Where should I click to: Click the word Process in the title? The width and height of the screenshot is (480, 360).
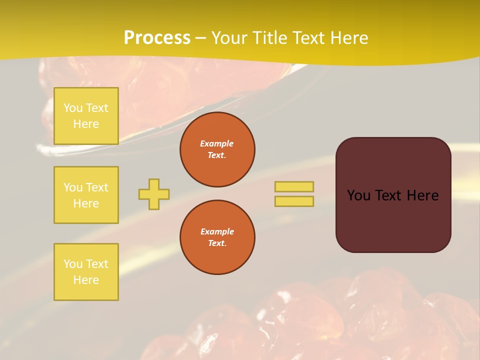157,38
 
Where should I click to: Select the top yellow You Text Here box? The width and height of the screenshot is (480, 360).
86,116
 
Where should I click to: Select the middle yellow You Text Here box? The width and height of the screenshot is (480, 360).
86,195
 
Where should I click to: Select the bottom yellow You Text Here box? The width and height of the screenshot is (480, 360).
86,271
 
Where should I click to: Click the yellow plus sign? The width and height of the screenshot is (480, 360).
154,194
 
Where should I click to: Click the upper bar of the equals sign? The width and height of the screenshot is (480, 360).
294,186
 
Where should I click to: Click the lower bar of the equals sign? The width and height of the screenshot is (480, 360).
294,201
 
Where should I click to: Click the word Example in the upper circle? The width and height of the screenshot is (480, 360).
217,143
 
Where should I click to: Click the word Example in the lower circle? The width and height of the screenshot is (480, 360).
217,231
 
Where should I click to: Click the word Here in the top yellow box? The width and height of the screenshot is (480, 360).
86,124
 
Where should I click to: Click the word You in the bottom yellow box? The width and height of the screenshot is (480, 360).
73,264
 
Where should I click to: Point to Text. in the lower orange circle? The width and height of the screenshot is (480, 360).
217,243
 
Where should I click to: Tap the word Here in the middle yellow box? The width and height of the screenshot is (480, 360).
86,203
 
